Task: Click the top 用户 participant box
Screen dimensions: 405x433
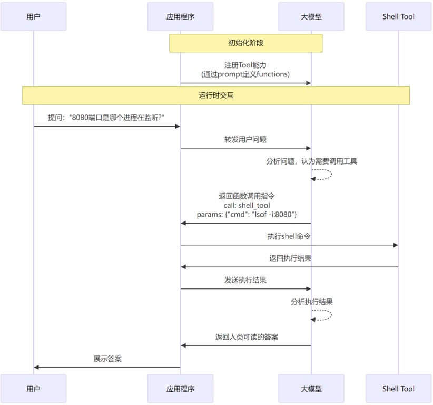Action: pyautogui.click(x=33, y=16)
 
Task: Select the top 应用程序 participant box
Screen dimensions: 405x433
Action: pyautogui.click(x=180, y=16)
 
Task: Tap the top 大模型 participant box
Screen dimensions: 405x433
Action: pyautogui.click(x=311, y=16)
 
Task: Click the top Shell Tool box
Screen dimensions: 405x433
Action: pyautogui.click(x=398, y=16)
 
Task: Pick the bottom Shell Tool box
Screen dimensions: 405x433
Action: pyautogui.click(x=398, y=389)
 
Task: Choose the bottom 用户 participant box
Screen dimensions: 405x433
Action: pyautogui.click(x=33, y=389)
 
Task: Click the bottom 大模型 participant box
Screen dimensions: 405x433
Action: pyautogui.click(x=311, y=389)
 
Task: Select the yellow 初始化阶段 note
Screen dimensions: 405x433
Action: pyautogui.click(x=245, y=43)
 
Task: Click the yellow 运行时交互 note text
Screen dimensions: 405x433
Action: pyautogui.click(x=215, y=95)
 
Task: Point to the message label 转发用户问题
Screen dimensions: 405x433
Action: pyautogui.click(x=245, y=140)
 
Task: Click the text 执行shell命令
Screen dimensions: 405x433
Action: pyautogui.click(x=289, y=237)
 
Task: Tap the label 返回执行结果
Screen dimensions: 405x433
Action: pyautogui.click(x=289, y=258)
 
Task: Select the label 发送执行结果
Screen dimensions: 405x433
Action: pyautogui.click(x=245, y=280)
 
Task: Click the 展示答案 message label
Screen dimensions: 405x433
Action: pyautogui.click(x=107, y=359)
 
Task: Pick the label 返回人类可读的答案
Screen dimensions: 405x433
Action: pyautogui.click(x=246, y=336)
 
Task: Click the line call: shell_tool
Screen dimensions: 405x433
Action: pyautogui.click(x=247, y=205)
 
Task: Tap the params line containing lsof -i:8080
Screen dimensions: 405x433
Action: pyautogui.click(x=247, y=215)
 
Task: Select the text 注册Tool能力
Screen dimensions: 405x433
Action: pyautogui.click(x=245, y=65)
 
